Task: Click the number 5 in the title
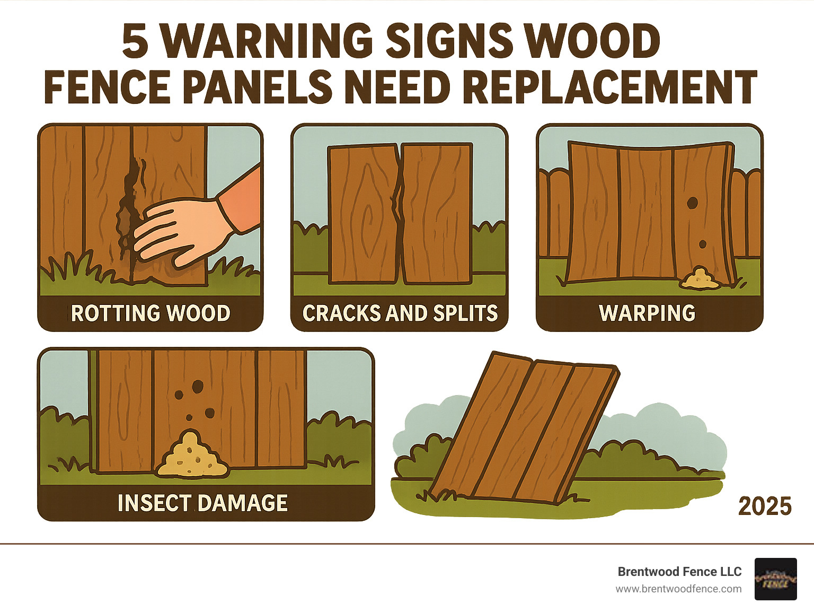[x=135, y=41]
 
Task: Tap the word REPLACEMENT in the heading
[x=609, y=87]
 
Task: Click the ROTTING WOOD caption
[x=151, y=313]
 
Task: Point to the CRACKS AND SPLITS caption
[x=400, y=313]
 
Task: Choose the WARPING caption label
[x=647, y=313]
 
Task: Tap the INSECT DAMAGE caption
[x=202, y=503]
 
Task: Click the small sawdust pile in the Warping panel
[x=700, y=279]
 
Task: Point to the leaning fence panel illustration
[x=525, y=430]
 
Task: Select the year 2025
[x=765, y=506]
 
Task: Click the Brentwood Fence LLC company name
[x=679, y=572]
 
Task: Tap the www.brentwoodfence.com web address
[x=678, y=589]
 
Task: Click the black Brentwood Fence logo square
[x=775, y=579]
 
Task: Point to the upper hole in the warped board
[x=692, y=203]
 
